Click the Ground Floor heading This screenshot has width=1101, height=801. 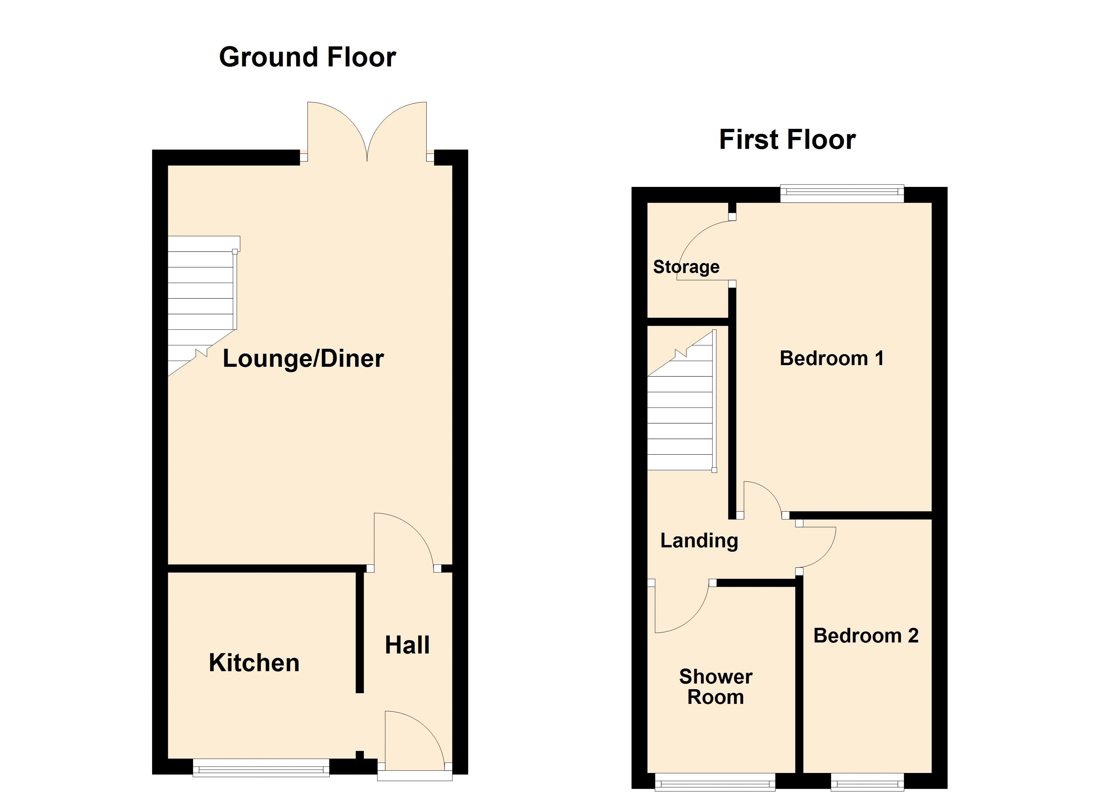(307, 57)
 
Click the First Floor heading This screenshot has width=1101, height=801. (787, 140)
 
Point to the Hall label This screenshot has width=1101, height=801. (407, 645)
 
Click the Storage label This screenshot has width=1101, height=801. (686, 267)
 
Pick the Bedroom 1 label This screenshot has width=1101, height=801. (831, 358)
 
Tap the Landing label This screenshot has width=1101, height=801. (699, 541)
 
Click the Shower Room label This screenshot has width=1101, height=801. (716, 687)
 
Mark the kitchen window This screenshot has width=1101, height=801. (261, 768)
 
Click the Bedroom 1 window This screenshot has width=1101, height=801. (842, 193)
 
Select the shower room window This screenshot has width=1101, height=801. (715, 782)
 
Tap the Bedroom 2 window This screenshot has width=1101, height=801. (867, 782)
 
